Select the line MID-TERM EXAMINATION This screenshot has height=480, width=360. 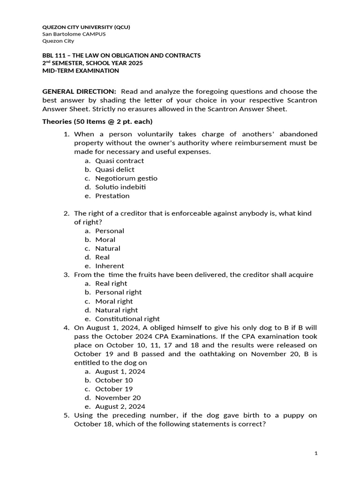pos(81,71)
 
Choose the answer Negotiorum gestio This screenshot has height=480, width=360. pos(126,178)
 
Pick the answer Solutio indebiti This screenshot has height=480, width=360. pos(120,187)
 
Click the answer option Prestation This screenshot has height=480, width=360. pos(112,195)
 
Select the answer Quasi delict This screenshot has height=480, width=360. pos(114,169)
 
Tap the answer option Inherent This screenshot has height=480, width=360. pos(110,266)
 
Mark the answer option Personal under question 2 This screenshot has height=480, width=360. pos(110,231)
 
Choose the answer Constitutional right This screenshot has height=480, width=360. pos(127,319)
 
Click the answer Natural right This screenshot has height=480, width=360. pos(116,310)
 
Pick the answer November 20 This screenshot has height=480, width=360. pos(118,397)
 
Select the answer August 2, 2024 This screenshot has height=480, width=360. pos(120,406)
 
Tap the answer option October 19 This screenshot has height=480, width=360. pos(114,389)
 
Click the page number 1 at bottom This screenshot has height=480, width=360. pos(316,453)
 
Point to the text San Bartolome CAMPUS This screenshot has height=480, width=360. pos(74,34)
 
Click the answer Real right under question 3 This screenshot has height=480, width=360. pos(111,283)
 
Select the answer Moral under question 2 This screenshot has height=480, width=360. pos(105,240)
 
